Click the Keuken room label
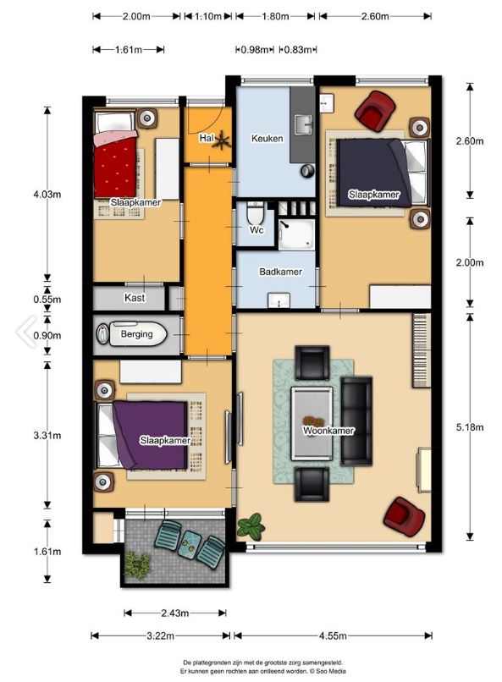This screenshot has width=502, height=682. pyautogui.click(x=268, y=138)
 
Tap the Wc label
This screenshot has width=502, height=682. pyautogui.click(x=257, y=229)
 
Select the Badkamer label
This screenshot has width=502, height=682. pyautogui.click(x=280, y=272)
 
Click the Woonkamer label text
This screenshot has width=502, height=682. pyautogui.click(x=328, y=431)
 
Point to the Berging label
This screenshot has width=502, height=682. pyautogui.click(x=136, y=334)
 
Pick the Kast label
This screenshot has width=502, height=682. pyautogui.click(x=135, y=298)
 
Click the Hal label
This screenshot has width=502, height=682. pyautogui.click(x=207, y=138)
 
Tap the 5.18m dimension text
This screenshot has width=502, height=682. pyautogui.click(x=469, y=427)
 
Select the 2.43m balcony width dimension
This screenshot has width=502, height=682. pyautogui.click(x=175, y=613)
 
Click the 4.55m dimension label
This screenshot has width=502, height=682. pyautogui.click(x=333, y=636)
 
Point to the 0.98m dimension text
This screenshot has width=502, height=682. pyautogui.click(x=255, y=50)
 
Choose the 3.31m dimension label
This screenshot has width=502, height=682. pyautogui.click(x=47, y=436)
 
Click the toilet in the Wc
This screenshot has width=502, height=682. pyautogui.click(x=253, y=212)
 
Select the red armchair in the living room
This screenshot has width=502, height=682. pyautogui.click(x=404, y=517)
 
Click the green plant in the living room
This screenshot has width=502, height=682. pyautogui.click(x=250, y=525)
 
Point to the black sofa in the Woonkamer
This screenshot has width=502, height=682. pyautogui.click(x=356, y=421)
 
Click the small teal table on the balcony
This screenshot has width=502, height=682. pyautogui.click(x=190, y=543)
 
